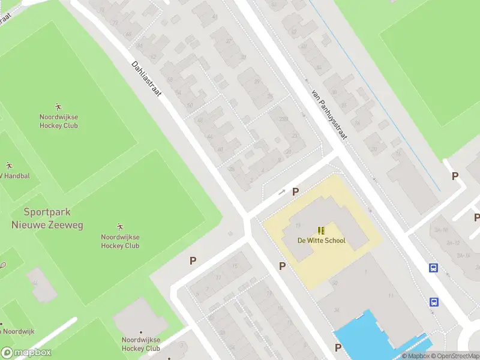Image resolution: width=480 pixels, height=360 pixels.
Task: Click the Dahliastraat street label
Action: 146,79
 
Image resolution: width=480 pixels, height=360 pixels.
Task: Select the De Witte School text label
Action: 322,241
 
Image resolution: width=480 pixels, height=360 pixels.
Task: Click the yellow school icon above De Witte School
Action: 322,230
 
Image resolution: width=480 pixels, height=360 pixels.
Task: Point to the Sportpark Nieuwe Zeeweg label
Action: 47,218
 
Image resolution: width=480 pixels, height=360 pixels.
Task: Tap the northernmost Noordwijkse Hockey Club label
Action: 59,121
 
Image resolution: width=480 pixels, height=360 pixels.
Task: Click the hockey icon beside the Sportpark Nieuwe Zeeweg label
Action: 120,226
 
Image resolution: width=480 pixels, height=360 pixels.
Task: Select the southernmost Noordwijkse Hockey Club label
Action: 140,344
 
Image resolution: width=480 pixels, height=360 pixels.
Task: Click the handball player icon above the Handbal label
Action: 9,165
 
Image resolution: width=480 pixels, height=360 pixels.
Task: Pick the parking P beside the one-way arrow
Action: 295,191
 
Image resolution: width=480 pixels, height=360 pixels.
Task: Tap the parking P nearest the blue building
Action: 338,347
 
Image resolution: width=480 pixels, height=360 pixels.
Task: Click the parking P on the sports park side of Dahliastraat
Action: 193,260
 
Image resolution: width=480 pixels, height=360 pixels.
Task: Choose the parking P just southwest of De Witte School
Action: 282,266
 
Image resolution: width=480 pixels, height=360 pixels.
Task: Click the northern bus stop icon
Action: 433,268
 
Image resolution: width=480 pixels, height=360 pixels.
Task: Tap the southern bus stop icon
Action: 433,302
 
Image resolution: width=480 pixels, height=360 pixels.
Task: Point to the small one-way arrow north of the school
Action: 282,192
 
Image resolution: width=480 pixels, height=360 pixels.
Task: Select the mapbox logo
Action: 26,353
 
